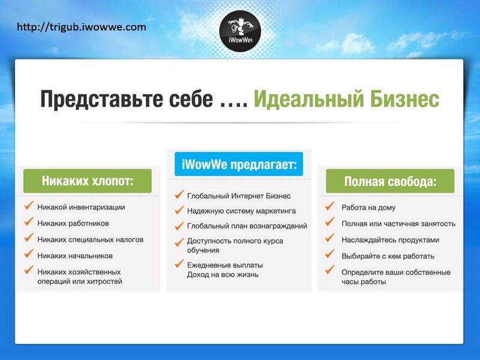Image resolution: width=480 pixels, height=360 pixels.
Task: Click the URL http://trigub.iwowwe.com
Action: (82, 27)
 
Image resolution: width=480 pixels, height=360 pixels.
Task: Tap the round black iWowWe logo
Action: (240, 31)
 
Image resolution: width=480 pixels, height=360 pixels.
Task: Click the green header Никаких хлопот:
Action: (88, 181)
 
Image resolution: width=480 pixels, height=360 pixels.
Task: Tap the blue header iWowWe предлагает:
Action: (239, 164)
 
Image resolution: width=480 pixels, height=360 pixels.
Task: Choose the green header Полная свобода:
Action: (390, 181)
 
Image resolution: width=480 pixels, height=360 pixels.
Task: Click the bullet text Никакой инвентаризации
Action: (81, 207)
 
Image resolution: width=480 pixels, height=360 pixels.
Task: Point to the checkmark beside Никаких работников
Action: (29, 221)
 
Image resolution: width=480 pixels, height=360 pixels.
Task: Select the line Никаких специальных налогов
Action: (91, 239)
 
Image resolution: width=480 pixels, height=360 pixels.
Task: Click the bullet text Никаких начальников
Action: (75, 256)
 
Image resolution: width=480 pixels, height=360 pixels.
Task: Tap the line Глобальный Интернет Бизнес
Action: (239, 196)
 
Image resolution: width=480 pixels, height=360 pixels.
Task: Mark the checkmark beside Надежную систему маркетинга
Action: (179, 209)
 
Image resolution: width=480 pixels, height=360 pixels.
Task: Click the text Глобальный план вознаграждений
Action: (247, 226)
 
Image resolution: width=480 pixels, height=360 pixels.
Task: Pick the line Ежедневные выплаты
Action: (225, 265)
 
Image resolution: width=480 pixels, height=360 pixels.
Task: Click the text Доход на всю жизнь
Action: (223, 275)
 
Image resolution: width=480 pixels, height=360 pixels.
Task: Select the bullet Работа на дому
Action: (368, 208)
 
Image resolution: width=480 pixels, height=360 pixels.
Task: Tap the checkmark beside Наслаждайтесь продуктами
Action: (329, 238)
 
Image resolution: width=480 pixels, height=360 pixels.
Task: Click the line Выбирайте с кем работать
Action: (388, 256)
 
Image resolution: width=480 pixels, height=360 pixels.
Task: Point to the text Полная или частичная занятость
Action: (398, 224)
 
